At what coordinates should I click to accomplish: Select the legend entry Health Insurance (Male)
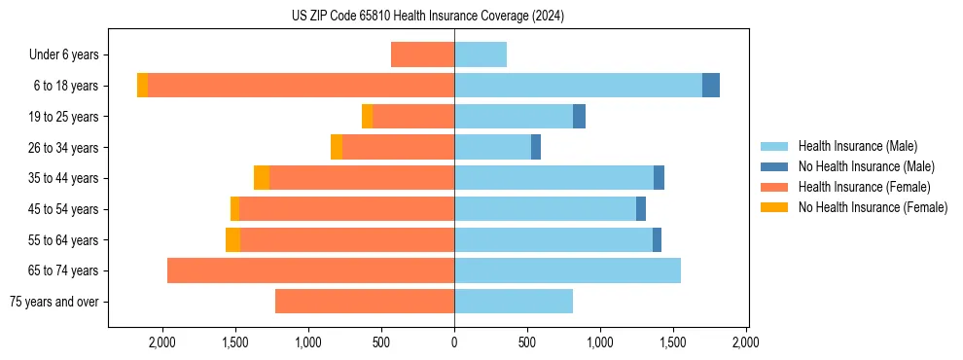tap(855, 146)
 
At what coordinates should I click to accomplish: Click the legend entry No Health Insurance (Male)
tap(863, 166)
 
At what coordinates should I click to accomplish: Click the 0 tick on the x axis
tap(454, 342)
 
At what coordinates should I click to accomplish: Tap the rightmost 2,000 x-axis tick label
tap(746, 342)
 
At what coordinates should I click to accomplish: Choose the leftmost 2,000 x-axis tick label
tap(161, 342)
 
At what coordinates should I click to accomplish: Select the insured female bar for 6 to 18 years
tap(301, 86)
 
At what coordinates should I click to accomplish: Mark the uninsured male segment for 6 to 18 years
tap(711, 86)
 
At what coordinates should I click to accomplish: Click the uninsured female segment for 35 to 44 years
tap(262, 178)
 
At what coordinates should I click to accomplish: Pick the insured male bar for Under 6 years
tap(481, 54)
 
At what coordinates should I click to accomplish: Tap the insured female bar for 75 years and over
tap(365, 302)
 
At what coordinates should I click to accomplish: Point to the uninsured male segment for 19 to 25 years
tap(579, 117)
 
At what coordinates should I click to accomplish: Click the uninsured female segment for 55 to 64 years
tap(232, 239)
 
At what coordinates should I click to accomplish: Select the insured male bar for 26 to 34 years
tap(492, 147)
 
